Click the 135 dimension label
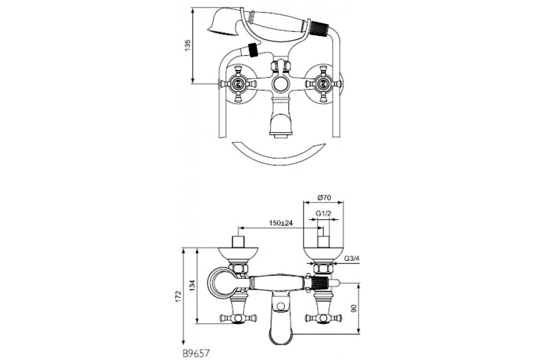[x=187, y=45]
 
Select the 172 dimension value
[x=178, y=296]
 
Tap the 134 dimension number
[x=193, y=285]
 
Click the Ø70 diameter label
[x=323, y=197]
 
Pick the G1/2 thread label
[x=323, y=213]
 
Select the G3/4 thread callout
[x=351, y=259]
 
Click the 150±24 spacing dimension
[x=281, y=223]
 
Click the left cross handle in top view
[x=237, y=84]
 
